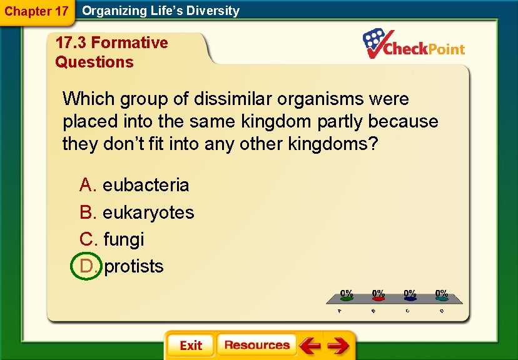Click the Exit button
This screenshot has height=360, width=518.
pyautogui.click(x=191, y=346)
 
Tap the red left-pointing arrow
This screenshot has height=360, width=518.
pyautogui.click(x=310, y=346)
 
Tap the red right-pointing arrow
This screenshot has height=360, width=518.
pyautogui.click(x=338, y=346)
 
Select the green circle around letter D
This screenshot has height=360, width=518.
pyautogui.click(x=86, y=266)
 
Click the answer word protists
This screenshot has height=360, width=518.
pyautogui.click(x=134, y=266)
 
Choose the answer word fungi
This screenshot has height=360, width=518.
pyautogui.click(x=123, y=239)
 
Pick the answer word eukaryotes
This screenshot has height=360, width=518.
pyautogui.click(x=148, y=212)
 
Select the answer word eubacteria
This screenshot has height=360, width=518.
pyautogui.click(x=146, y=185)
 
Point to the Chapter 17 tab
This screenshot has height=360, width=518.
pyautogui.click(x=36, y=11)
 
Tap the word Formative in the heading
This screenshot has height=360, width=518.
pyautogui.click(x=129, y=42)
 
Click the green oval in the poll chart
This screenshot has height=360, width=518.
pyautogui.click(x=346, y=299)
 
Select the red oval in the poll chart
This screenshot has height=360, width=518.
pyautogui.click(x=378, y=299)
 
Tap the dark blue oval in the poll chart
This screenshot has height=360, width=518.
pyautogui.click(x=410, y=299)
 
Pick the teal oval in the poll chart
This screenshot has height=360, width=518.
pyautogui.click(x=442, y=299)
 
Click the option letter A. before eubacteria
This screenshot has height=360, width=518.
pyautogui.click(x=88, y=185)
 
